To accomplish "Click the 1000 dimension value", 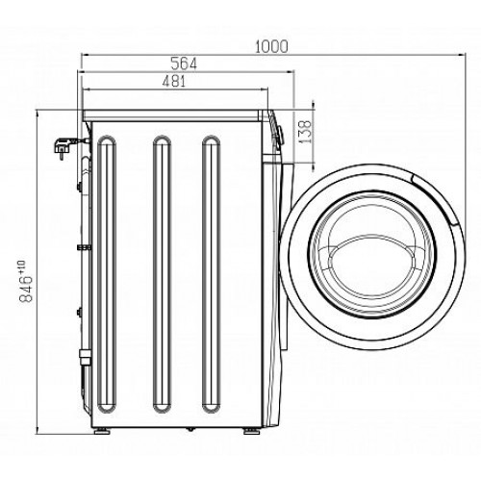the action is tap(271, 47).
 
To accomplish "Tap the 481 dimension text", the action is tap(174, 82).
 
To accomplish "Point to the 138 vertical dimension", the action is tap(305, 132).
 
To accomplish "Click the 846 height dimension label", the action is tap(26, 290).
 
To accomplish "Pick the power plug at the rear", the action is tap(62, 147).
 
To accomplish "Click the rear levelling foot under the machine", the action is tap(102, 207).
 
